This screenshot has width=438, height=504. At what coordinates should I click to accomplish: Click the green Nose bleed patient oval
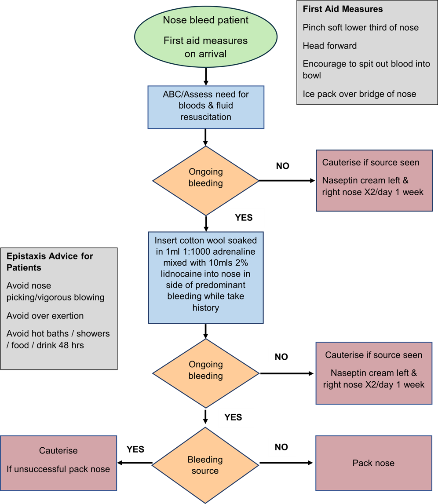point(205,37)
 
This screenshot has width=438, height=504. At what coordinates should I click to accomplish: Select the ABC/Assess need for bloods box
point(205,106)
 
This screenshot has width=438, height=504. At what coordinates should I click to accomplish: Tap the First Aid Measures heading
point(343,9)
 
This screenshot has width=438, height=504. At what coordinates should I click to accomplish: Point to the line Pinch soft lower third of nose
point(361,28)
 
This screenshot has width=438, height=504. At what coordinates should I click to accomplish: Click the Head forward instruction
point(329,46)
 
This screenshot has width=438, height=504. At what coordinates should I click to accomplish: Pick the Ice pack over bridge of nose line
point(359,94)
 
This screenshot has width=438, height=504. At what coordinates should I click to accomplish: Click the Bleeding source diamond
point(205,465)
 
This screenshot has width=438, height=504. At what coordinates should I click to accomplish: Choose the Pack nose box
point(373,463)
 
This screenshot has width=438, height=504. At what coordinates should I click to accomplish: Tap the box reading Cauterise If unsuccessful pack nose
point(58,460)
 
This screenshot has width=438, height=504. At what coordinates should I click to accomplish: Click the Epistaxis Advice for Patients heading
point(50,262)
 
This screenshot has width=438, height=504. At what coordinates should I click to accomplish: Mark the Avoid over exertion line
point(45,316)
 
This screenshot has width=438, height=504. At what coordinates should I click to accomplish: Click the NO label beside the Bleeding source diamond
point(281,447)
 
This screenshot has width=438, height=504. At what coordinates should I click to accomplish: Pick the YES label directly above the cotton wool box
point(244,218)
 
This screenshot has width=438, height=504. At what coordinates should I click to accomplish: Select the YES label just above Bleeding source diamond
point(233,417)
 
